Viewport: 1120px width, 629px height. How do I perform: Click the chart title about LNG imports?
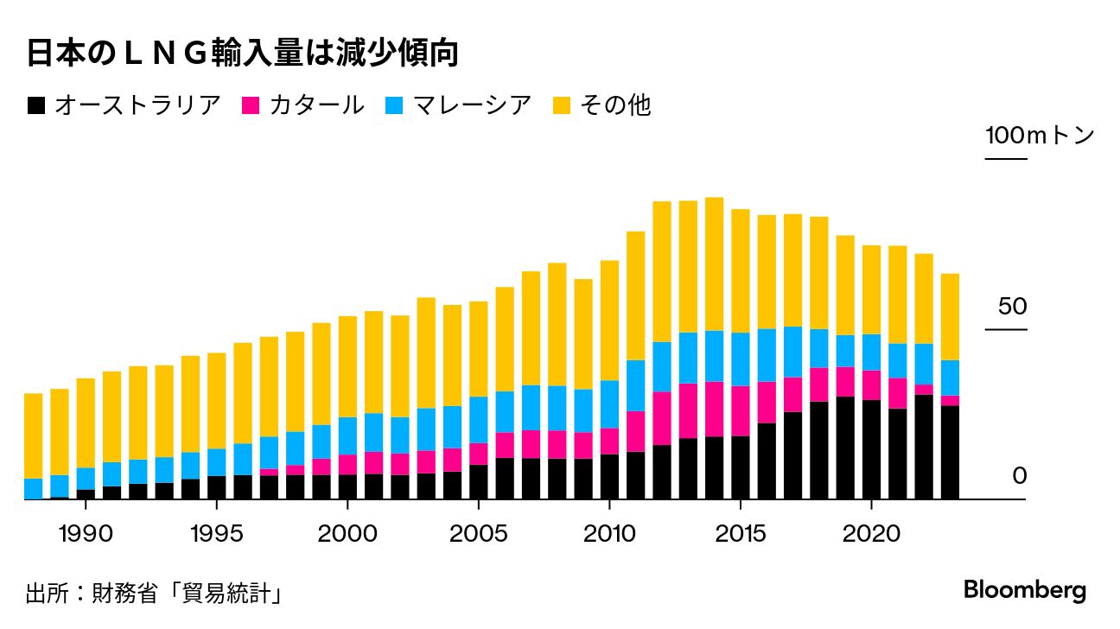point(241,54)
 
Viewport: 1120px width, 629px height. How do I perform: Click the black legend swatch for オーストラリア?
point(36,105)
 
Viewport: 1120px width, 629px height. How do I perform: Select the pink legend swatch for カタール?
point(251,105)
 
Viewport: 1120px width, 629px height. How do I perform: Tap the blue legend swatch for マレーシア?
point(394,105)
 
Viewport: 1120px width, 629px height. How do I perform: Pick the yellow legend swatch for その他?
point(563,105)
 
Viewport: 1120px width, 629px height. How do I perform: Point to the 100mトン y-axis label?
point(1040,136)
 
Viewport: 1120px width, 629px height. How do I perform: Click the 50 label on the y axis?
point(1012,307)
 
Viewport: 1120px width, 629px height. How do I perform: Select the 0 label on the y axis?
point(1019,476)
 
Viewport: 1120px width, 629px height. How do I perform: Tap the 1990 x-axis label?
point(86,533)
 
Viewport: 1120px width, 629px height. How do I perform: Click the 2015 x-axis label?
point(740,533)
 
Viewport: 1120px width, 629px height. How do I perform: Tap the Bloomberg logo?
point(1025,591)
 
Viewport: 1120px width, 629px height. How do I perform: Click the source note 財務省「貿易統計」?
point(156,594)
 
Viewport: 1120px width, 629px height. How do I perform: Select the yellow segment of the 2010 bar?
point(609,320)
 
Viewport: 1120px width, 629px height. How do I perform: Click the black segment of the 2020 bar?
point(871,449)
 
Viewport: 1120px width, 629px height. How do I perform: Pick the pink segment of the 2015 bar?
point(740,410)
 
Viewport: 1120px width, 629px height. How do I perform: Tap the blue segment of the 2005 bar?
point(478,420)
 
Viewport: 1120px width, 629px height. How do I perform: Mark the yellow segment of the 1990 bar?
point(86,423)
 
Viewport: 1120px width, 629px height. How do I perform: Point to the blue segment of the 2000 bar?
point(347,435)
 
